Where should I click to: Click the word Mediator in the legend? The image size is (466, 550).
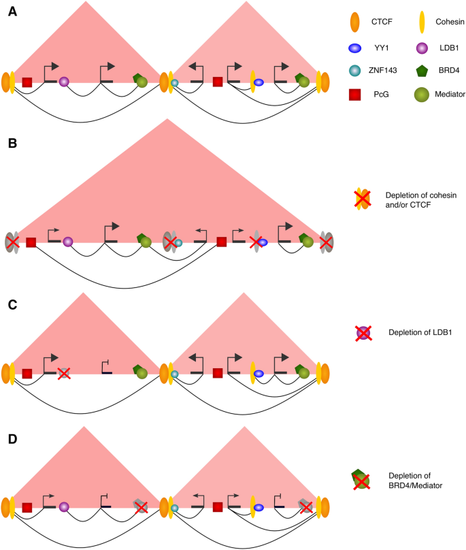click(450, 95)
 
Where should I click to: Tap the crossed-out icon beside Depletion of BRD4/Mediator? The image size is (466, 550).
click(362, 480)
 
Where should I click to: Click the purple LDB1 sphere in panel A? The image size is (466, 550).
click(64, 82)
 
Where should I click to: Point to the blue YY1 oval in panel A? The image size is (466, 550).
click(259, 82)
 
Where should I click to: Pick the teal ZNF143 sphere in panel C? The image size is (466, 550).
click(174, 374)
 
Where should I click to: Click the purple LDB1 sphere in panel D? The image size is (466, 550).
click(64, 507)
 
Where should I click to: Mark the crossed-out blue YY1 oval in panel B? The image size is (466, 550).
click(260, 242)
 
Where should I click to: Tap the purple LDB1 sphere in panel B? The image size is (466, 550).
click(67, 241)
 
